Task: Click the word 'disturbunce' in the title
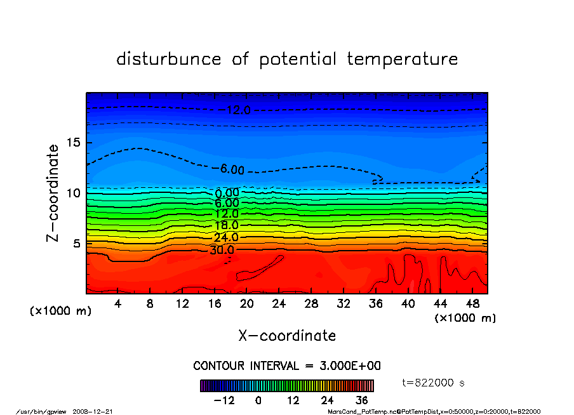(x=168, y=59)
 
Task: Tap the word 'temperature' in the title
(x=403, y=59)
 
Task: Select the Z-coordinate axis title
(x=53, y=192)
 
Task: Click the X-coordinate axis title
(x=287, y=335)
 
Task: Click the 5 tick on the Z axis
(x=78, y=243)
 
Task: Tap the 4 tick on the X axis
(x=118, y=304)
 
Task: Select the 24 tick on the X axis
(x=279, y=304)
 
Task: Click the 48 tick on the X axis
(x=472, y=304)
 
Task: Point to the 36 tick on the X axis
(x=375, y=304)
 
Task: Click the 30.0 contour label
(x=222, y=250)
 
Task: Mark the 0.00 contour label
(x=227, y=193)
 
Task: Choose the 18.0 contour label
(x=226, y=225)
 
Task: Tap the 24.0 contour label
(x=226, y=237)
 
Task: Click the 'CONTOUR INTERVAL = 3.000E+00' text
(x=287, y=366)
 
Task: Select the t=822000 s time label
(x=434, y=383)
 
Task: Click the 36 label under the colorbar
(x=362, y=400)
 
